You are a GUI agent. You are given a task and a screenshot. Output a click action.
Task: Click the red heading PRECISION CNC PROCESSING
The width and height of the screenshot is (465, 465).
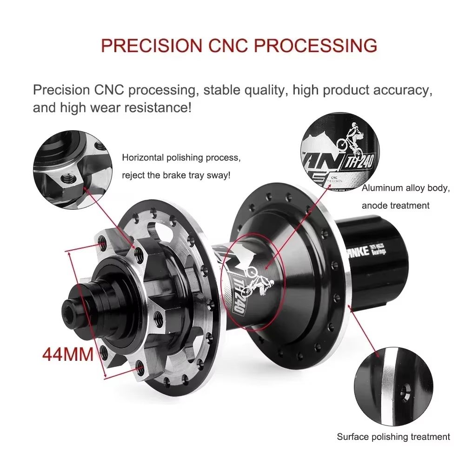coord(239,46)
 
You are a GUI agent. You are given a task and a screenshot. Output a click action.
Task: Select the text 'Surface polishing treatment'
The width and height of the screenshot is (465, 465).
coord(393,437)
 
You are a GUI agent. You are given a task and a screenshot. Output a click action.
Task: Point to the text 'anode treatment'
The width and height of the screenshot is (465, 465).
coord(396,205)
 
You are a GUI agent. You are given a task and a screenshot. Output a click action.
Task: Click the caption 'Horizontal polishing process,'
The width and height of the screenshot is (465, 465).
coord(181,158)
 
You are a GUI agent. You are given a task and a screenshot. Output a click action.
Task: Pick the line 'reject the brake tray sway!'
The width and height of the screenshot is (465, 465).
coord(176,175)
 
